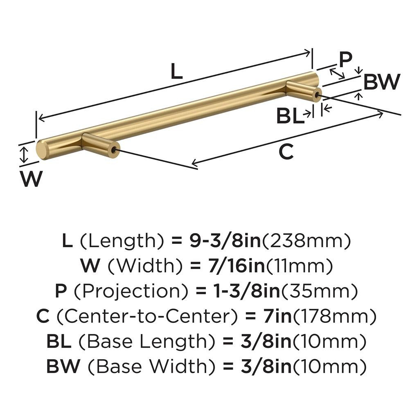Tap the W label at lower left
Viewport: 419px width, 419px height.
click(x=31, y=178)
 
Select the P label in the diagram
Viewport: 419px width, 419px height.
click(x=345, y=60)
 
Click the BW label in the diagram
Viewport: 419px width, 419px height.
click(x=381, y=82)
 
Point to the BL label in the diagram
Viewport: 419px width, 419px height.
click(x=290, y=116)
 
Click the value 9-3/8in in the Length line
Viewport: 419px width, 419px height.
click(x=224, y=241)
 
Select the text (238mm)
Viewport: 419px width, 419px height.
click(x=306, y=241)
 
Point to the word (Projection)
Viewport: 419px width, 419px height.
click(x=132, y=291)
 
